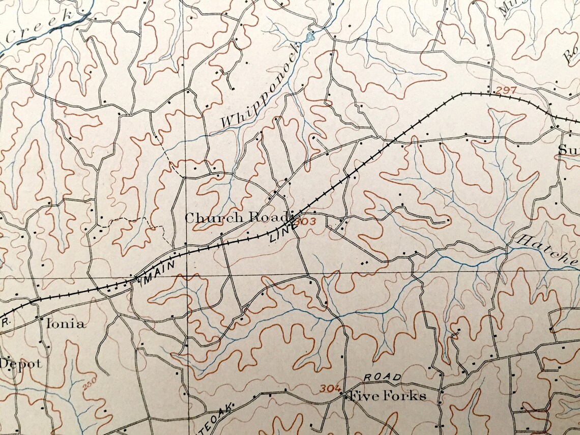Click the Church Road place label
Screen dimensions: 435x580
click(x=236, y=218)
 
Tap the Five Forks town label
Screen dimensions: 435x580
click(x=386, y=396)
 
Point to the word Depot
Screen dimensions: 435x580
click(x=20, y=364)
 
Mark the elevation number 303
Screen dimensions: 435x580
click(x=305, y=221)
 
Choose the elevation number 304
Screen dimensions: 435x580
click(x=330, y=389)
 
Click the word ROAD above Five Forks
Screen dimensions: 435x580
click(x=382, y=378)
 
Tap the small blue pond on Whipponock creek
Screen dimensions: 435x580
click(x=309, y=37)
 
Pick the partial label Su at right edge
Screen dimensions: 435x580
click(x=568, y=150)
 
